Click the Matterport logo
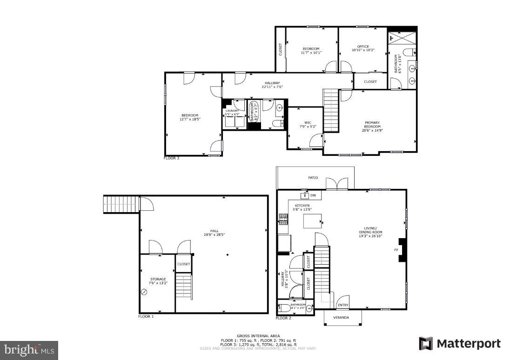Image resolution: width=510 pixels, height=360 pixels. tap(460, 344)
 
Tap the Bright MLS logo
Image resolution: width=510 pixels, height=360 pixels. tap(29, 350)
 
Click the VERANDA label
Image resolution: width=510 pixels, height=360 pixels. tap(342, 318)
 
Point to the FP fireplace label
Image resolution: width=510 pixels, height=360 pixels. tap(396, 250)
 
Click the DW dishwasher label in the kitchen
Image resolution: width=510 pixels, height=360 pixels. tap(313, 195)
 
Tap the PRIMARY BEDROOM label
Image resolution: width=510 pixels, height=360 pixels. tap(372, 127)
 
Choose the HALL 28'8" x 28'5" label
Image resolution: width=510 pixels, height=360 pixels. tap(214, 233)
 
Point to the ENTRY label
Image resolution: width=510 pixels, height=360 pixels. tap(343, 305)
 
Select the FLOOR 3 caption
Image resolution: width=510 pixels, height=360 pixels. tap(171, 158)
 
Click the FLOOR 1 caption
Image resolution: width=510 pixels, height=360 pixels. tap(146, 316)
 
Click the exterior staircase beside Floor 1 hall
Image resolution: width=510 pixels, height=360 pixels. tap(120, 204)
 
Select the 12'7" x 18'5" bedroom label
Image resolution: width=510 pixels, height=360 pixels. tap(190, 118)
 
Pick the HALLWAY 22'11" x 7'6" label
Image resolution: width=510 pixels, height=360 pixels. tap(272, 85)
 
